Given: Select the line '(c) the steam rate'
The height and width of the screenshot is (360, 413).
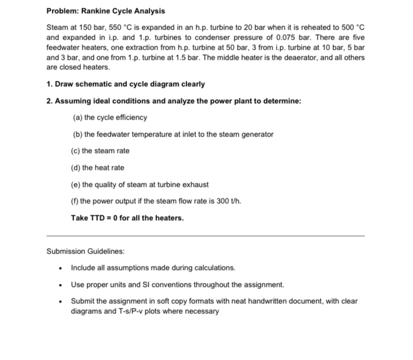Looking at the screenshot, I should tap(100, 151).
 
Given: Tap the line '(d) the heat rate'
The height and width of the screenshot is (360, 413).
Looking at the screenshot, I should tap(98, 168).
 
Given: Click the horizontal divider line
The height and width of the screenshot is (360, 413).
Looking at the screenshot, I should tap(205, 235).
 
